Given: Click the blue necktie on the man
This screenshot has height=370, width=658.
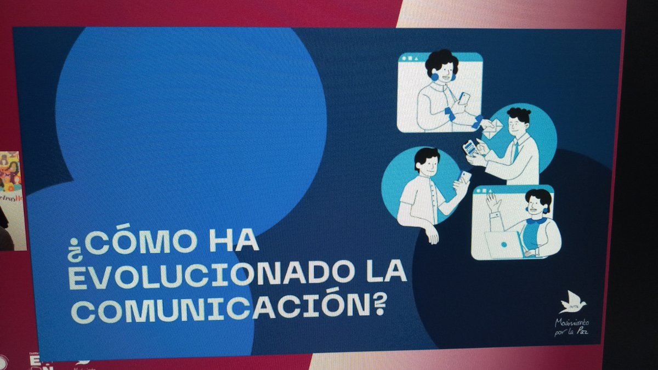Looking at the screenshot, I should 515,151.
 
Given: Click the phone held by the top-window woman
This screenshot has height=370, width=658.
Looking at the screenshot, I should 464,99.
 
